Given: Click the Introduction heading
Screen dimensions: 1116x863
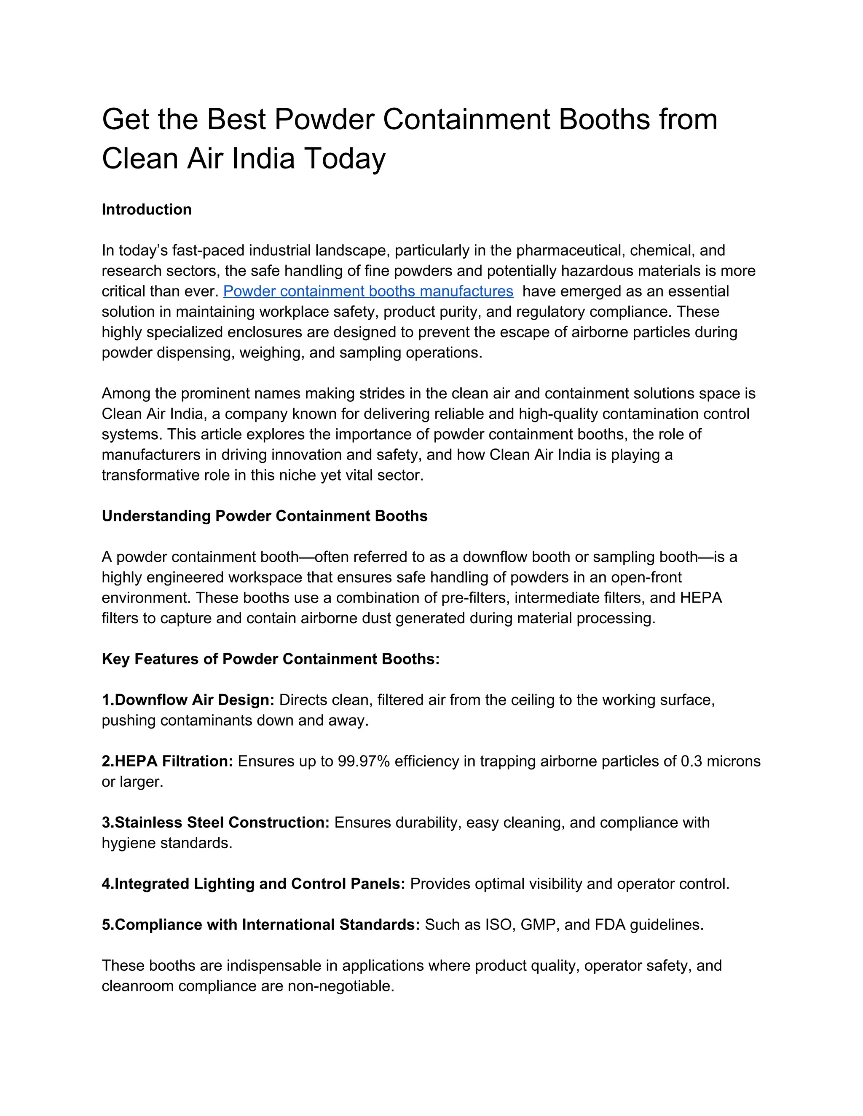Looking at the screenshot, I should point(146,209).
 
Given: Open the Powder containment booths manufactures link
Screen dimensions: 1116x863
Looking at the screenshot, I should point(368,291).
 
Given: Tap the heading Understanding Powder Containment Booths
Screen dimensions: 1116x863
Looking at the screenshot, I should point(264,516).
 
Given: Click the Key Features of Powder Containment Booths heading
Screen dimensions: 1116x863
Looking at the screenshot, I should point(271,659).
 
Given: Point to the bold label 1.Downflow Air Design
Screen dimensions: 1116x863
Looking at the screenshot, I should point(188,700).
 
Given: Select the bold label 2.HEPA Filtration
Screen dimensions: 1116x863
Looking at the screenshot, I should point(167,761).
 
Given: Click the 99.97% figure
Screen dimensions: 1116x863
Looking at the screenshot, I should point(364,761).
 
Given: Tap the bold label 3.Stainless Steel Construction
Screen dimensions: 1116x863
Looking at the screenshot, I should point(215,823).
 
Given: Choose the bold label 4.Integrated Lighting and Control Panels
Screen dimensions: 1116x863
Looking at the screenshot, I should point(253,884).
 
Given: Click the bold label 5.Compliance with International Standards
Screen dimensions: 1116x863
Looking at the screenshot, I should point(261,925).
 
